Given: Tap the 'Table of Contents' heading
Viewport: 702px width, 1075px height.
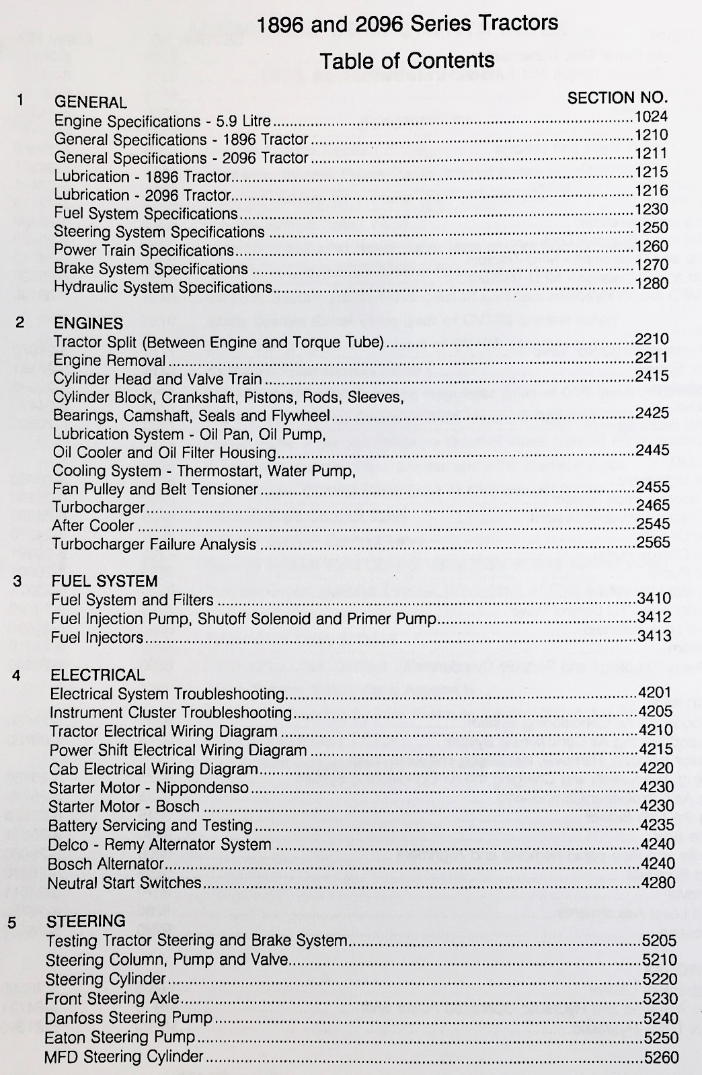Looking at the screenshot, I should (x=407, y=61).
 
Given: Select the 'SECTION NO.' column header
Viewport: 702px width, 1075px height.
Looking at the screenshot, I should (x=617, y=98).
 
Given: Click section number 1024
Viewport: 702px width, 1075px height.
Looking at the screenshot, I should (x=651, y=118).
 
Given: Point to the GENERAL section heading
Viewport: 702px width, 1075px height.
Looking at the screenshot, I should (x=90, y=103).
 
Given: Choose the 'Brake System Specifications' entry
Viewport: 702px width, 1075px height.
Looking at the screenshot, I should (x=151, y=269).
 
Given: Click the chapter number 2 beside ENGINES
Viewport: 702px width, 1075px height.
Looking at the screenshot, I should (x=20, y=322).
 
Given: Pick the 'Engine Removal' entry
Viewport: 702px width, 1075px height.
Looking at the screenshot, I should (x=109, y=361).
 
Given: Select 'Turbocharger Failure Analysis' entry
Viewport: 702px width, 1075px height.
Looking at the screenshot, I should (x=154, y=544).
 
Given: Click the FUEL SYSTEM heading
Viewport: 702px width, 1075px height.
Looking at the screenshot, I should (x=104, y=581).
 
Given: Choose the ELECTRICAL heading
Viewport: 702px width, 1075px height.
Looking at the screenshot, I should (x=97, y=675).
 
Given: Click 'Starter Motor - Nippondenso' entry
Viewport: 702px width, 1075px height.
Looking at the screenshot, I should (x=149, y=787).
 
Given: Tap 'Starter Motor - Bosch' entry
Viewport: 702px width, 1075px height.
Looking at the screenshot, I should (x=124, y=806).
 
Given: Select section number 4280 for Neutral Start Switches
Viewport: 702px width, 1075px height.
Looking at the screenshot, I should (x=658, y=883).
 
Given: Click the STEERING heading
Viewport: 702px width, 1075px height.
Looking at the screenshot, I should (x=85, y=920).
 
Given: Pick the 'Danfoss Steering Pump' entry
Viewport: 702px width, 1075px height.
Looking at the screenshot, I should (x=128, y=1018).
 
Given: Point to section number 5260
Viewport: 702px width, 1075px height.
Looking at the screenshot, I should (x=661, y=1057).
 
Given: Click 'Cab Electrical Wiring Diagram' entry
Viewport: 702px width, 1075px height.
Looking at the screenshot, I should (x=153, y=769).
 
